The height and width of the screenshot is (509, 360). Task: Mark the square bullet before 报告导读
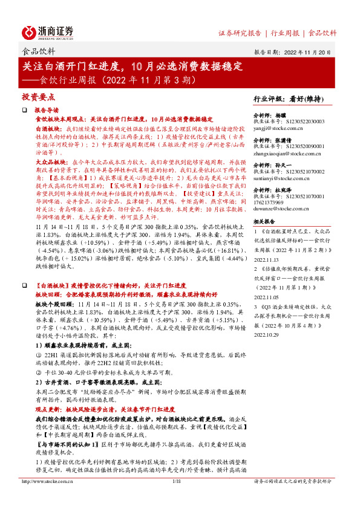tap(25, 110)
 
